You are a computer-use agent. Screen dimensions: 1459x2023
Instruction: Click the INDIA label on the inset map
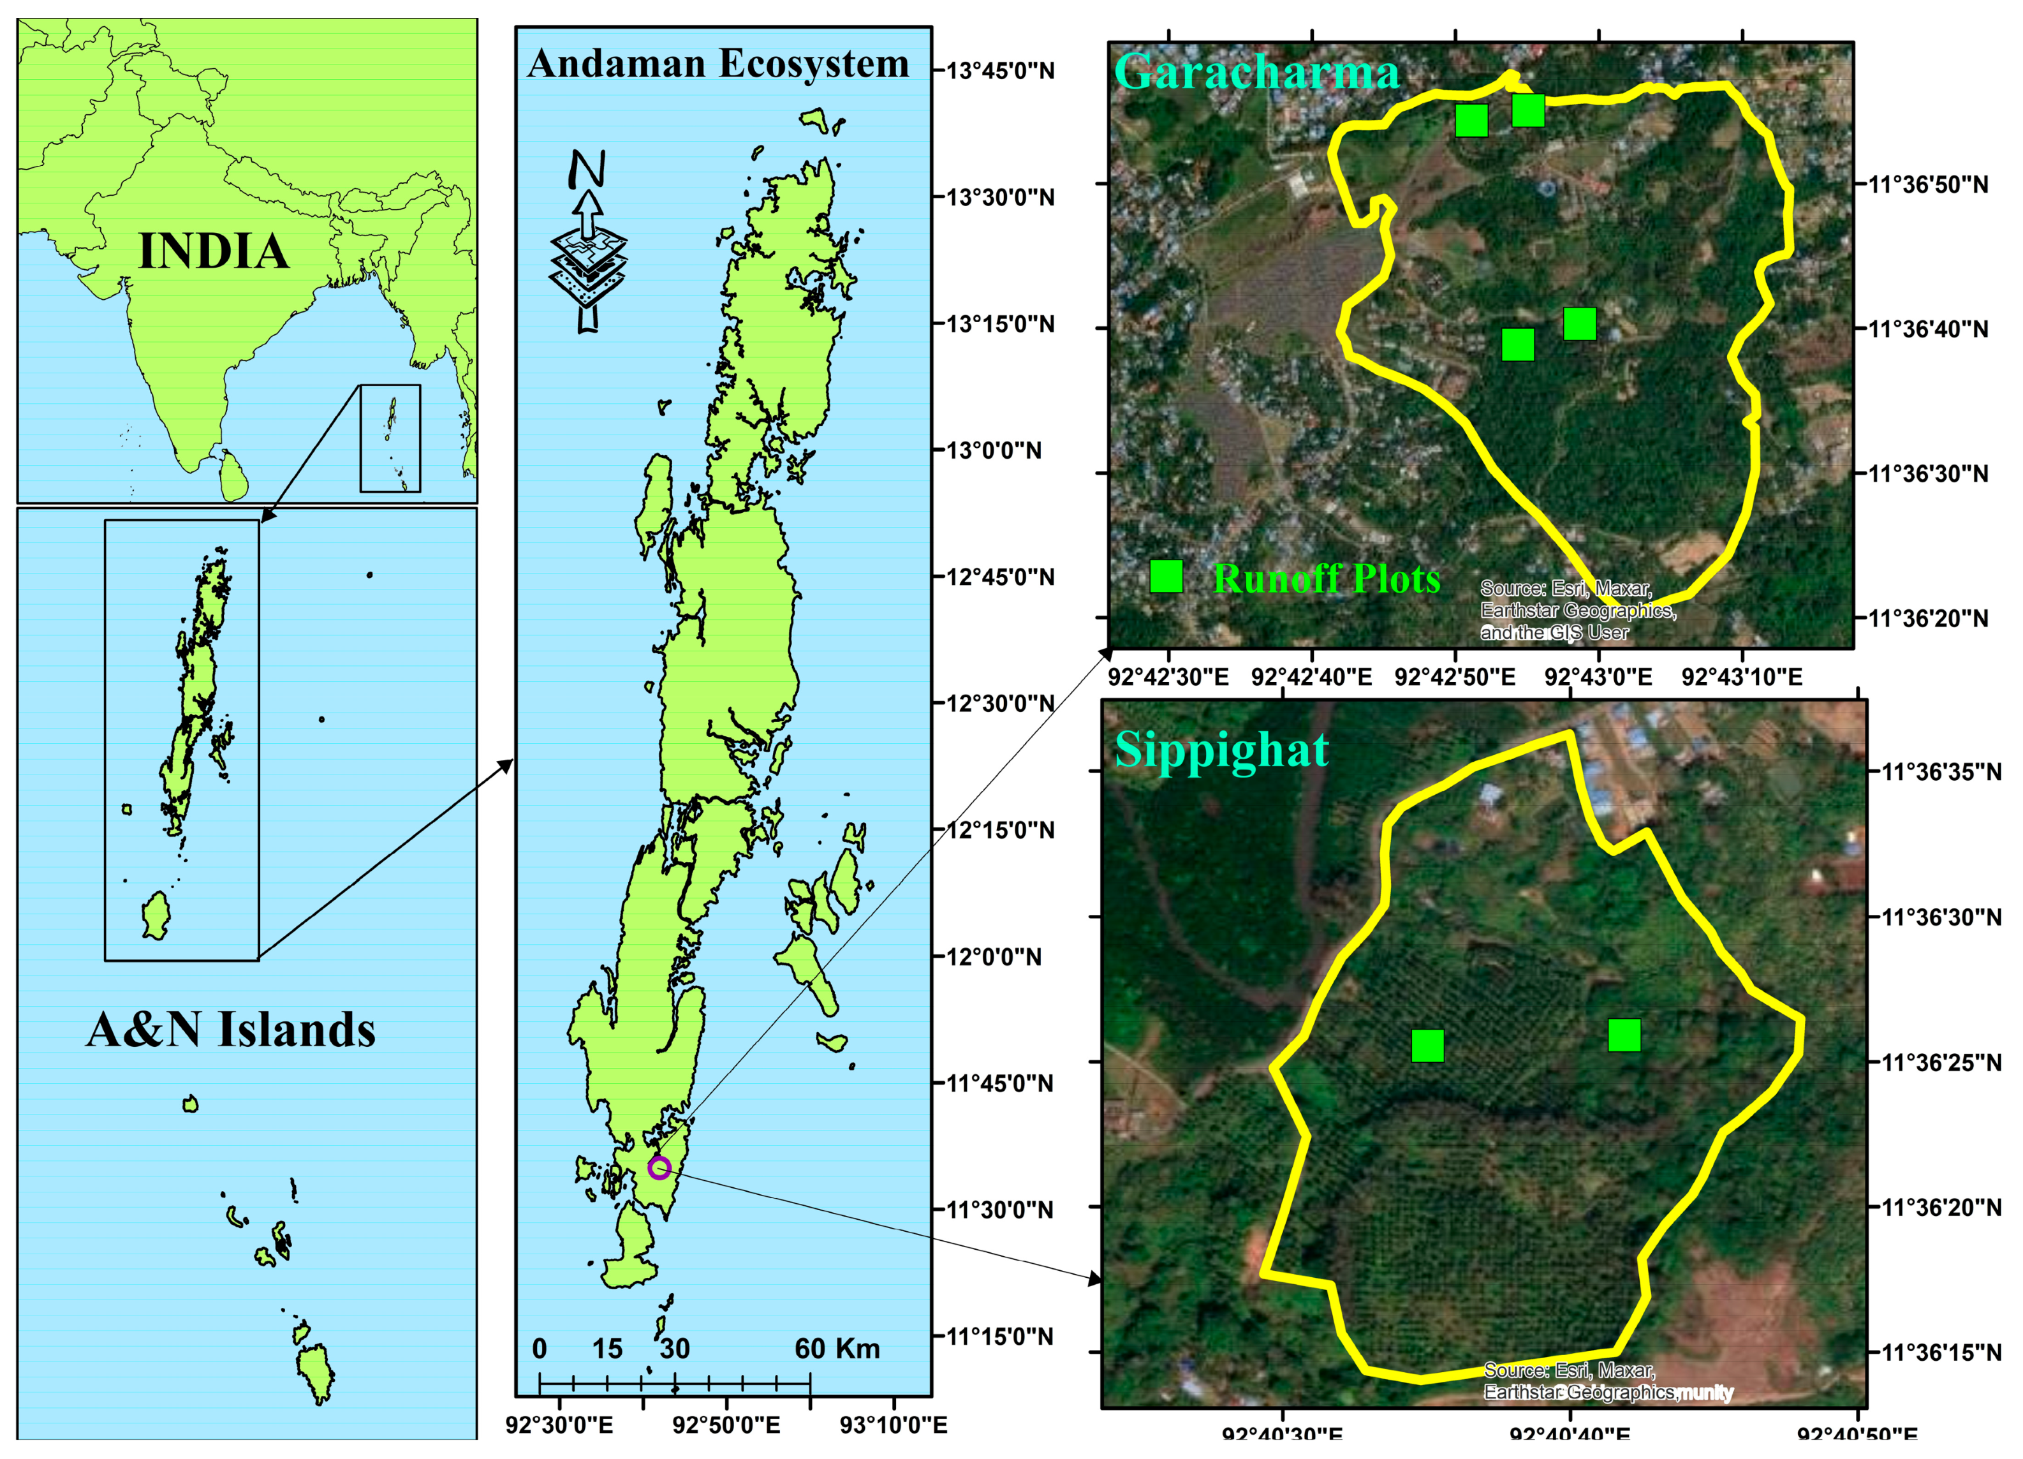point(214,251)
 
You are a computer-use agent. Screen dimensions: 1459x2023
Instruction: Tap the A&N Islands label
point(231,1029)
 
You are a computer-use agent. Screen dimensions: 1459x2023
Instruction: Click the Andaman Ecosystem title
point(718,64)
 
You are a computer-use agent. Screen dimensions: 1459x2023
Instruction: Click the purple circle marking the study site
point(659,1167)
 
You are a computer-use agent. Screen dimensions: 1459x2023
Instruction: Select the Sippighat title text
point(1221,750)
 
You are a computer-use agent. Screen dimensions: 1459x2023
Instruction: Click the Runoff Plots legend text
point(1327,579)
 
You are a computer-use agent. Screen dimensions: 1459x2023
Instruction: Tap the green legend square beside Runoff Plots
point(1166,577)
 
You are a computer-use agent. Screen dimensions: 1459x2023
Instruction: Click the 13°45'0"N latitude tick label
point(1000,71)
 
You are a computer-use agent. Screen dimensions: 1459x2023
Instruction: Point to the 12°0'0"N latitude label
point(994,956)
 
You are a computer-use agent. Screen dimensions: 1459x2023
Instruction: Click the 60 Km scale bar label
point(837,1349)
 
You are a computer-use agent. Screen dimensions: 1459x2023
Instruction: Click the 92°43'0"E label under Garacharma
point(1598,676)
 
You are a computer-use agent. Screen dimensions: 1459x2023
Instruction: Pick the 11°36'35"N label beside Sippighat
point(1941,771)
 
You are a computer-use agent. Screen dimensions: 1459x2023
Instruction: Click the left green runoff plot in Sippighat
point(1427,1046)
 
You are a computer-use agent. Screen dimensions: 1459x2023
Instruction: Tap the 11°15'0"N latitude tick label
point(1000,1336)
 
